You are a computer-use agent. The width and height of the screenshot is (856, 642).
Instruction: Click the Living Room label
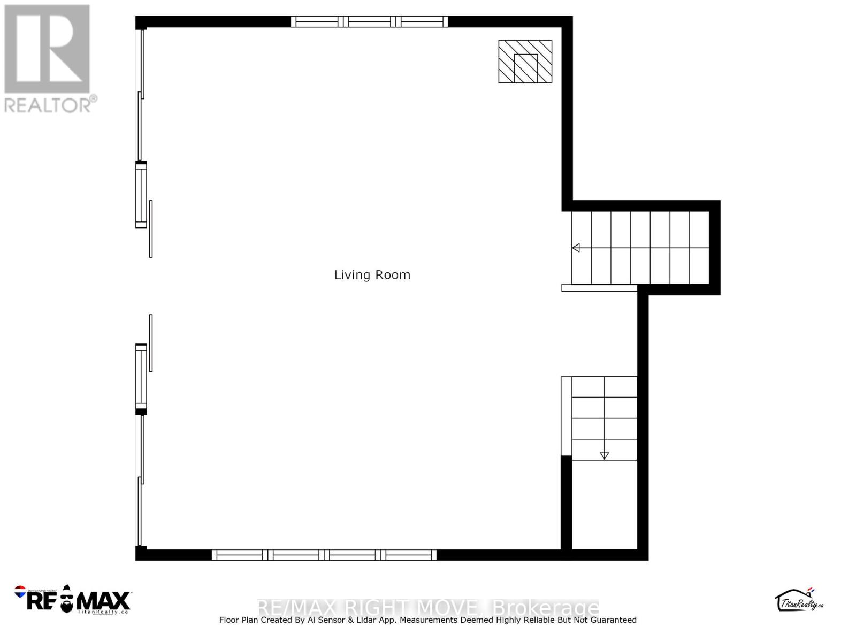click(x=372, y=275)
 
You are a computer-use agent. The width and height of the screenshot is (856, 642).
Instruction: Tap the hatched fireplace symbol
click(x=525, y=62)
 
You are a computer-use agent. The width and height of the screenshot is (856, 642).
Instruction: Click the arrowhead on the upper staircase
click(x=576, y=248)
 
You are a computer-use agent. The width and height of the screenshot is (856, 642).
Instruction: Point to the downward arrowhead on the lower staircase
click(x=604, y=456)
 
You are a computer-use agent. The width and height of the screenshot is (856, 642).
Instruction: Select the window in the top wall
click(x=369, y=21)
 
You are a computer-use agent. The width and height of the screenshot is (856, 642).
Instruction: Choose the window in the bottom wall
click(x=324, y=555)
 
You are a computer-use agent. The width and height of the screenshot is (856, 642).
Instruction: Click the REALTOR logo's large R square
click(x=47, y=49)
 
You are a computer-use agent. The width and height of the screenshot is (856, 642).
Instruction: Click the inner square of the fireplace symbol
click(x=525, y=68)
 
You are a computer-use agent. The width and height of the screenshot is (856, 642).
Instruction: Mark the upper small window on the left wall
click(x=141, y=195)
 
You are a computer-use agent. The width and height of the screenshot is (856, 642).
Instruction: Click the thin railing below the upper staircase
click(x=599, y=288)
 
